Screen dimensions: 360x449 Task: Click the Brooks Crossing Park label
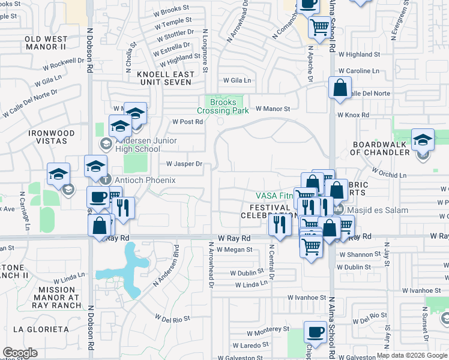pyautogui.click(x=223, y=106)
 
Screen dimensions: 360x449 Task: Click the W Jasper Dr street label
pyautogui.click(x=184, y=163)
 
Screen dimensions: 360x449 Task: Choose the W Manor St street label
pyautogui.click(x=273, y=109)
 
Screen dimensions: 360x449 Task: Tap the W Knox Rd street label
pyautogui.click(x=352, y=114)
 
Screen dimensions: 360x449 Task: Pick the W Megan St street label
pyautogui.click(x=235, y=250)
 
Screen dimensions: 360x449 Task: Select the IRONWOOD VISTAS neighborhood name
pyautogui.click(x=50, y=137)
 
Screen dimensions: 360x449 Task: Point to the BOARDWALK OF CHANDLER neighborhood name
pyautogui.click(x=380, y=148)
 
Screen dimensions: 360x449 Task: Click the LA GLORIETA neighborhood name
pyautogui.click(x=41, y=329)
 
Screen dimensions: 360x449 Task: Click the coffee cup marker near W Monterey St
pyautogui.click(x=315, y=331)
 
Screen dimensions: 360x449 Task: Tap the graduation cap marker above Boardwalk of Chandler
pyautogui.click(x=423, y=139)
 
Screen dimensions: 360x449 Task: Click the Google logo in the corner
pyautogui.click(x=20, y=353)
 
